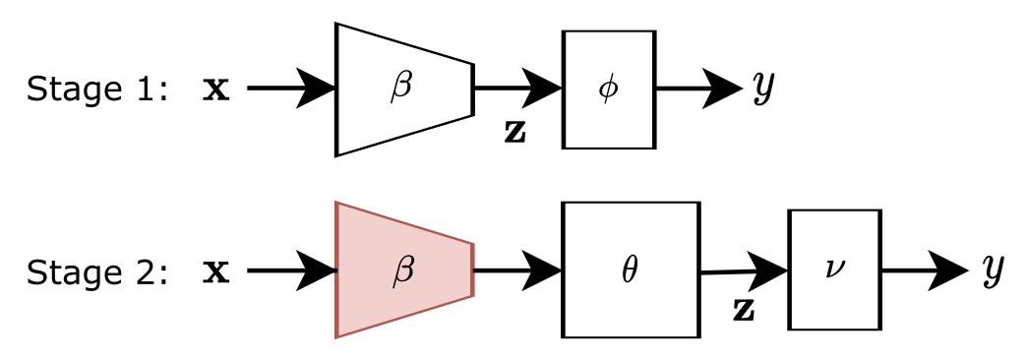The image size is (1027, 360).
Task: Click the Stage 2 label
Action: (97, 271)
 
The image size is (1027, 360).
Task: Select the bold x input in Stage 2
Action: (215, 271)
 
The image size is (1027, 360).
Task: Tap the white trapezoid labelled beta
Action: (404, 90)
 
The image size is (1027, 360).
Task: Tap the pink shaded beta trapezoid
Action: (404, 270)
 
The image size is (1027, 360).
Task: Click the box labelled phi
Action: (608, 90)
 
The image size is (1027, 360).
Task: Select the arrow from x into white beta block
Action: (291, 90)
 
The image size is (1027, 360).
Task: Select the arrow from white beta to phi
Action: (517, 90)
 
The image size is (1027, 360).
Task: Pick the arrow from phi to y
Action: (698, 90)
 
